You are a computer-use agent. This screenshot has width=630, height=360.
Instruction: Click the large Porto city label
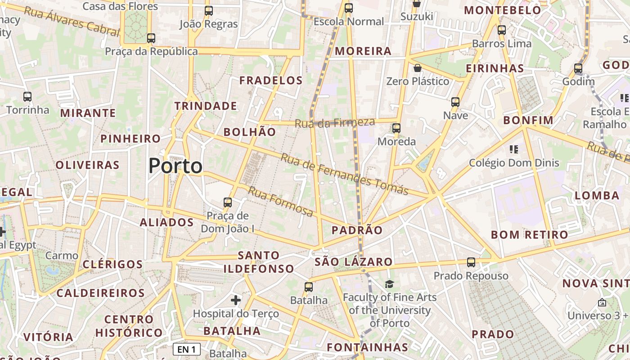tap(175, 166)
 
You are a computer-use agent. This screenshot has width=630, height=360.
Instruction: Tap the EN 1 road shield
tap(187, 349)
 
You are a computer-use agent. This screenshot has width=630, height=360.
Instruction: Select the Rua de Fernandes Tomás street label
tap(345, 174)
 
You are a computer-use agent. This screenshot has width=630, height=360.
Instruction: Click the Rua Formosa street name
tap(280, 202)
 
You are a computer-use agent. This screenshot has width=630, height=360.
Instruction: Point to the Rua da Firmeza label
tap(335, 123)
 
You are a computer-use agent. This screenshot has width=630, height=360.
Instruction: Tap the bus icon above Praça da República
tap(151, 38)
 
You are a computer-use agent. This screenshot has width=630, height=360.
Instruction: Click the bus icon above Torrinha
tap(27, 96)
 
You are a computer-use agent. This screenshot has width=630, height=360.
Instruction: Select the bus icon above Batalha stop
tap(308, 287)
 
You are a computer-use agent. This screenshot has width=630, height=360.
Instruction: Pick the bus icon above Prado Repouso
tap(471, 262)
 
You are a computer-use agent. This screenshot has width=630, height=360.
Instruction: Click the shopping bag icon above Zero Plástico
tap(418, 68)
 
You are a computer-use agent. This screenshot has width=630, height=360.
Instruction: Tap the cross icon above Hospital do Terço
tap(236, 300)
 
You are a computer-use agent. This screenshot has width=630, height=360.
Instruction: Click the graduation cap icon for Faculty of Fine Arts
tap(389, 284)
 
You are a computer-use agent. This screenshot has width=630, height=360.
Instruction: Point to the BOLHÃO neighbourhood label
tap(250, 132)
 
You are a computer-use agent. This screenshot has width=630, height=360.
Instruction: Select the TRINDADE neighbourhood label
tap(206, 106)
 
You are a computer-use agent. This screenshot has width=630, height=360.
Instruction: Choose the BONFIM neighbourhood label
tap(528, 120)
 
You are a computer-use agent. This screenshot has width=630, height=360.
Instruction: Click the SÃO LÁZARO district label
tap(353, 262)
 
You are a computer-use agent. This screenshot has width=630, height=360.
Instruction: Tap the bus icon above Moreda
tap(396, 128)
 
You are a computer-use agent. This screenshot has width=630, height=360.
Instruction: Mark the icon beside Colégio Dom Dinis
tap(514, 149)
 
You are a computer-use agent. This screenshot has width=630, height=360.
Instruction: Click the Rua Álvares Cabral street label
tap(72, 21)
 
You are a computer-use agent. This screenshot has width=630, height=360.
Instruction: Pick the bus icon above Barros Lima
tap(502, 30)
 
